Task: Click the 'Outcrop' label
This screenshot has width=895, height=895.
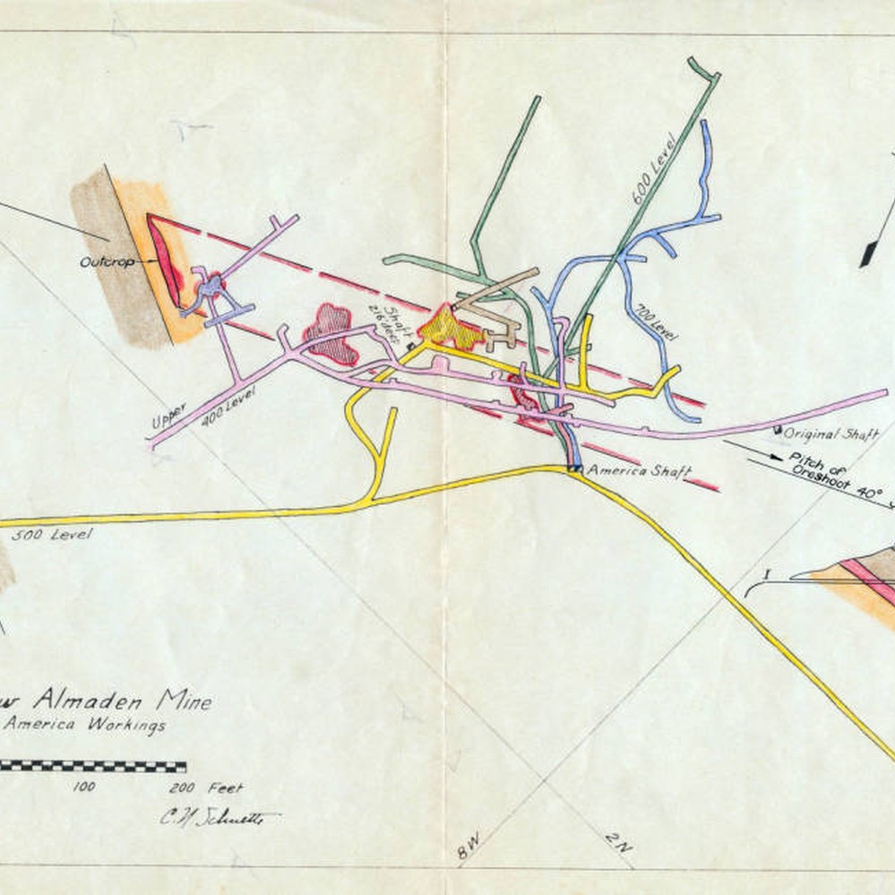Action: [x=107, y=262]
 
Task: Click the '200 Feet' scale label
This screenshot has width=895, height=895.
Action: [x=205, y=788]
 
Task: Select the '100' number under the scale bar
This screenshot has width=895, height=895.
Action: [x=84, y=788]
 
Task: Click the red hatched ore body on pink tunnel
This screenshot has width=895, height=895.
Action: [x=331, y=333]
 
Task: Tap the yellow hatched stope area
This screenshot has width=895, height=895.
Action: [x=451, y=327]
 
